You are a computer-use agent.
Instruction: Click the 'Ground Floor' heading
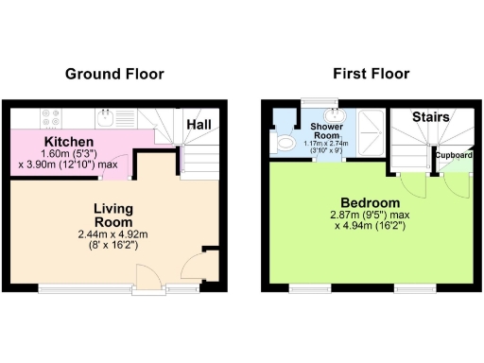pyautogui.click(x=113, y=74)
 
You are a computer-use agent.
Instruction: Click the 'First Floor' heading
pyautogui.click(x=371, y=74)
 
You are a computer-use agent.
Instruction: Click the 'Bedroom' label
pyautogui.click(x=371, y=203)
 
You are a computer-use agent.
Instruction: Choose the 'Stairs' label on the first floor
pyautogui.click(x=431, y=117)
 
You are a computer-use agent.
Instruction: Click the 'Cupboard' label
pyautogui.click(x=453, y=154)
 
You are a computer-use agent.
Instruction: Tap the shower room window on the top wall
pyautogui.click(x=320, y=103)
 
